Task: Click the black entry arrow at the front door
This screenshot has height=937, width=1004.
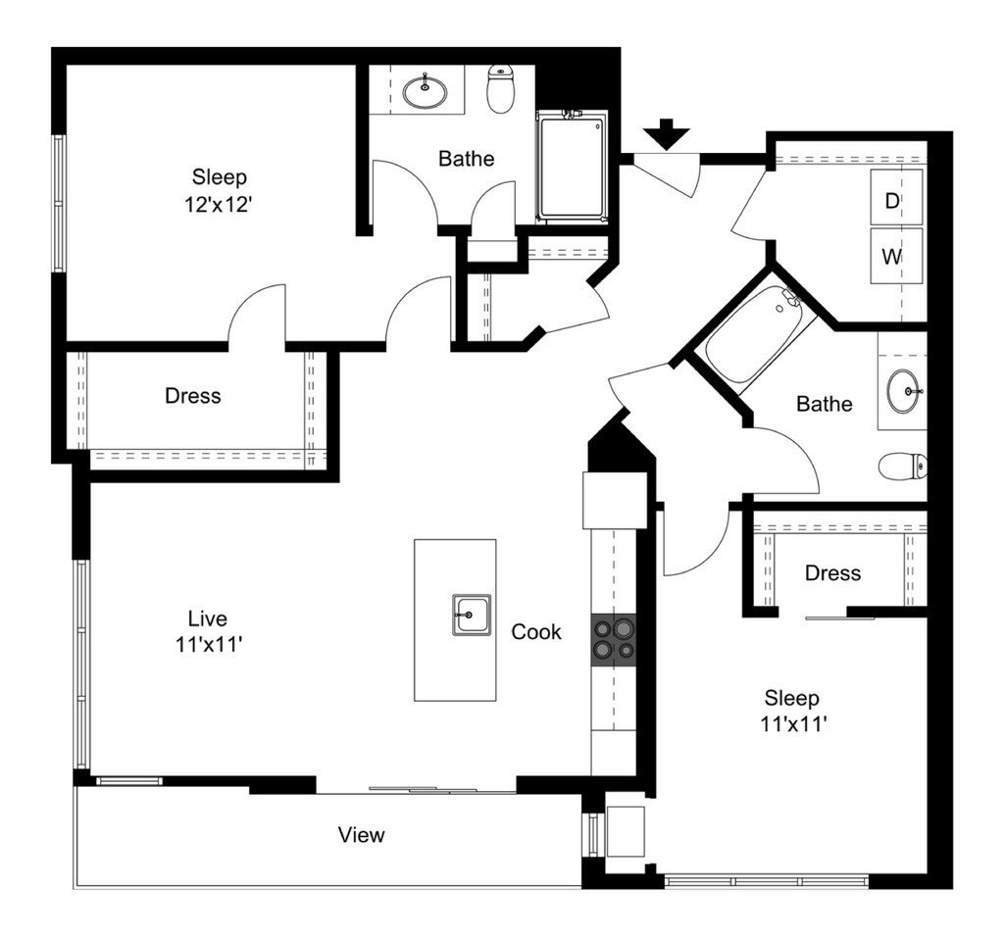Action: (x=667, y=133)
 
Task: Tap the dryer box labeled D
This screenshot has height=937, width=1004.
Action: (x=896, y=199)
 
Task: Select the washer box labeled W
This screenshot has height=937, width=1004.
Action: (x=896, y=257)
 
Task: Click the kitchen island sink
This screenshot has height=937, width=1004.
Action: (x=472, y=615)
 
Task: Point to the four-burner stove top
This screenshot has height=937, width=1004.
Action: (x=613, y=640)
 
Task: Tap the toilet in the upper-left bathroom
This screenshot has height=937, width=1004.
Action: (x=501, y=89)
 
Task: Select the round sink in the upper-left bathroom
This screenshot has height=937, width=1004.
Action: (x=426, y=91)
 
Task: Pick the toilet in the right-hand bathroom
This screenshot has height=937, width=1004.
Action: (x=903, y=466)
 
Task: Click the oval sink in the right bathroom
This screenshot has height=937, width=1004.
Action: (x=906, y=391)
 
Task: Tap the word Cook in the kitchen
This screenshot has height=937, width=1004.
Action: (x=536, y=632)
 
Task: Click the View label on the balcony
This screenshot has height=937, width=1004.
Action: (x=362, y=835)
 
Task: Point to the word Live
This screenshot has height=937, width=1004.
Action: (x=208, y=618)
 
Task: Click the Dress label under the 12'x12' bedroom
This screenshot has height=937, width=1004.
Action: (x=192, y=396)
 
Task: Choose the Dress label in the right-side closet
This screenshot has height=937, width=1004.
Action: (x=832, y=572)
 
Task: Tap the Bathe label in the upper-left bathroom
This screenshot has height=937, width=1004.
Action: (x=466, y=158)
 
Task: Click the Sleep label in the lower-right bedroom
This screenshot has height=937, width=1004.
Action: (x=791, y=698)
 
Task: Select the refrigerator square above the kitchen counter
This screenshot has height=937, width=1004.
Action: (x=615, y=500)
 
